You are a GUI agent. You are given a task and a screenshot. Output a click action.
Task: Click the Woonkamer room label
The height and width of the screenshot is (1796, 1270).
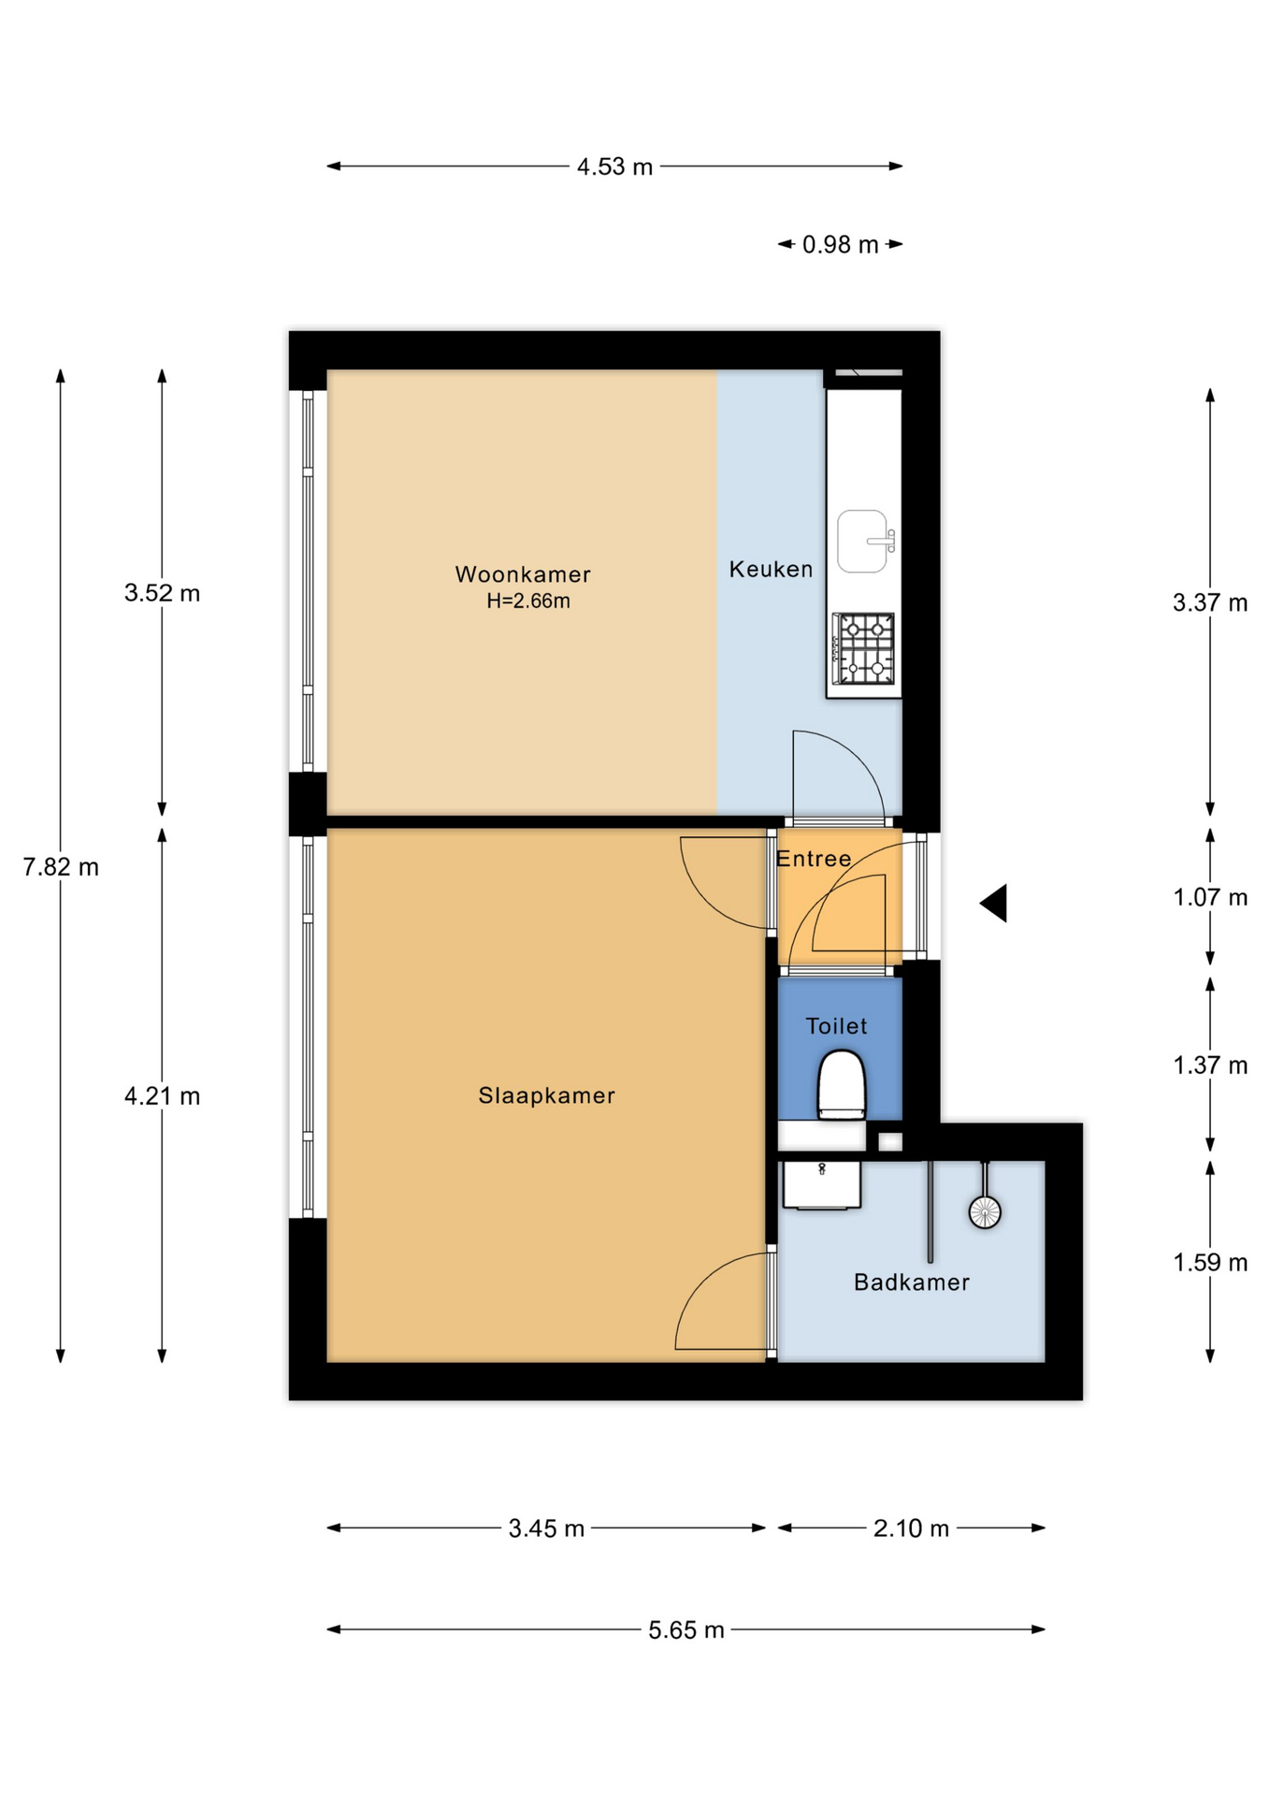click(x=523, y=574)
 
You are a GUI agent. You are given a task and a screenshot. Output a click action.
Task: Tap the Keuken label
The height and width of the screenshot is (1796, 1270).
click(x=771, y=569)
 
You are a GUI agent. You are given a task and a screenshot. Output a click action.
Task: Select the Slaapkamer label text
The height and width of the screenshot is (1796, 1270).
click(x=546, y=1095)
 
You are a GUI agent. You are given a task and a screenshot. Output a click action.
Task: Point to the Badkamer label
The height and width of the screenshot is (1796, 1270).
click(x=911, y=1282)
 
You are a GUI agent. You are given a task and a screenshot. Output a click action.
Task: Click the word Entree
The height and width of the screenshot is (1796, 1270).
click(x=814, y=859)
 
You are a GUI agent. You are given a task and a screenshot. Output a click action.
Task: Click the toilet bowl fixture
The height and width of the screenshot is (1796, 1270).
click(x=842, y=1085)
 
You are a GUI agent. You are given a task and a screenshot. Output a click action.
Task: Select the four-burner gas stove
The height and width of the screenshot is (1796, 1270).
click(x=863, y=649)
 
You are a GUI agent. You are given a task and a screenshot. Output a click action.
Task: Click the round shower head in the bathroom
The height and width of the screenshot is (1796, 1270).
click(x=985, y=1212)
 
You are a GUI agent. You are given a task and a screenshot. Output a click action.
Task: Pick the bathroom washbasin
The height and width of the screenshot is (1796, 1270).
click(x=821, y=1185)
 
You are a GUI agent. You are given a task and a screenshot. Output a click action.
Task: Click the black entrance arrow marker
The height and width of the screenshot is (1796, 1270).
click(x=993, y=904)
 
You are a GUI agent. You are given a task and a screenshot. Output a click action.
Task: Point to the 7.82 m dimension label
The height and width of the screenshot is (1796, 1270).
click(x=61, y=867)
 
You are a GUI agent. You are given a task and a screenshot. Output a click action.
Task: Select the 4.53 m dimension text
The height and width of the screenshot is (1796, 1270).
click(x=614, y=167)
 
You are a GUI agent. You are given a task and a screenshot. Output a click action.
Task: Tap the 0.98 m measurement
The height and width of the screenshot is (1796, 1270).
click(x=841, y=245)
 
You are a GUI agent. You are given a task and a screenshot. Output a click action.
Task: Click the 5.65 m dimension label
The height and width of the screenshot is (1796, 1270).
click(x=686, y=1630)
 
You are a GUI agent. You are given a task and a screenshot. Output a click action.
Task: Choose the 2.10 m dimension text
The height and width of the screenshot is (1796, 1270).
click(x=911, y=1528)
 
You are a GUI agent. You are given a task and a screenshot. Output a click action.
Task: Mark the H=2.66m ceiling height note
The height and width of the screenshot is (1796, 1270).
click(x=528, y=601)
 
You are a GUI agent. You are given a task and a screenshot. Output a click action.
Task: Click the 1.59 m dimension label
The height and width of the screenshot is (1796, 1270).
click(x=1210, y=1263)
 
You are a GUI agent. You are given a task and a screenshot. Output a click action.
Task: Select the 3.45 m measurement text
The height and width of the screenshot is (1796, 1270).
click(x=546, y=1528)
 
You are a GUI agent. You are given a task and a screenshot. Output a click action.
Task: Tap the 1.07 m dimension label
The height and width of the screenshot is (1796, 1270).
click(x=1210, y=898)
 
